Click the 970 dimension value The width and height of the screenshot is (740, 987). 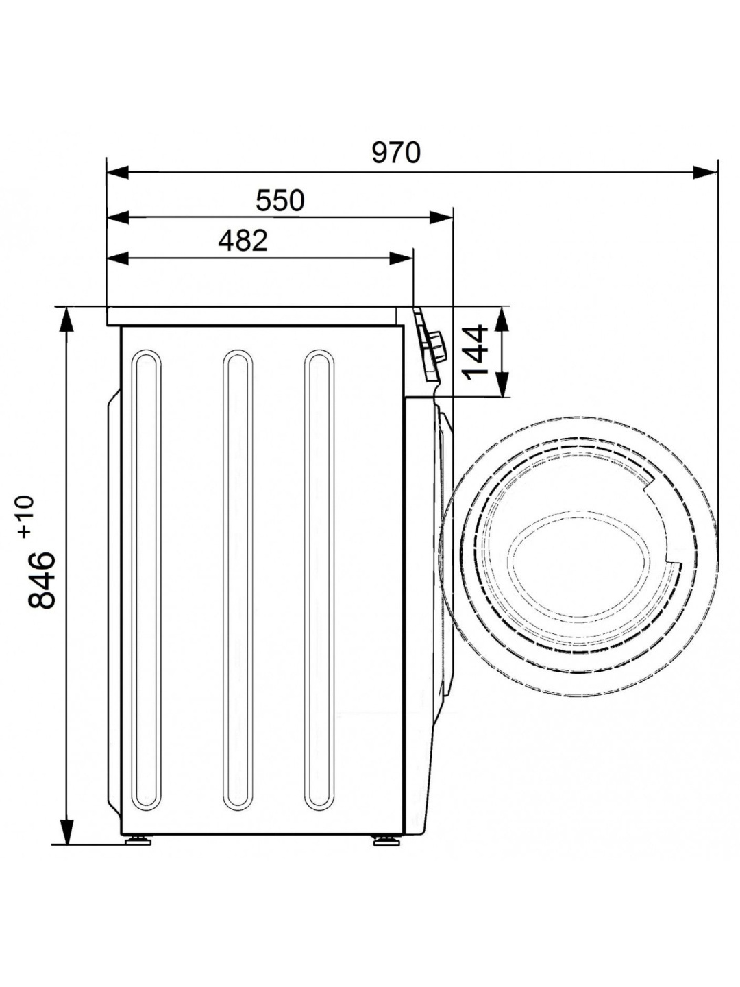click(396, 153)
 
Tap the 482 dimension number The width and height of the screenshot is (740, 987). click(243, 241)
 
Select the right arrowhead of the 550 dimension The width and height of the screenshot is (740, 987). click(441, 218)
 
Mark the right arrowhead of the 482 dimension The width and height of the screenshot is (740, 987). click(401, 258)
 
